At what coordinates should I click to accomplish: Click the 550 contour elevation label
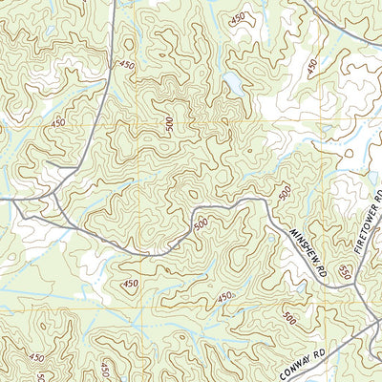pos(345,272)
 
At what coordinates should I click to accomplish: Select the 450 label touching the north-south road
pos(125,64)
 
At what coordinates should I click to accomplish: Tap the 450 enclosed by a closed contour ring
pos(131,284)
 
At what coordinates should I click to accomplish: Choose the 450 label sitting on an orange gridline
pos(59,123)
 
